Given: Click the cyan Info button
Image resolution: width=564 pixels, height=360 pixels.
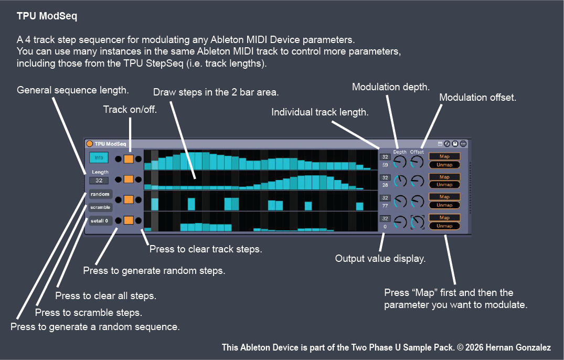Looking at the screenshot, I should pos(99,157).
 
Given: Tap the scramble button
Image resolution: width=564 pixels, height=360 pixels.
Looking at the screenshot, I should pos(100,207).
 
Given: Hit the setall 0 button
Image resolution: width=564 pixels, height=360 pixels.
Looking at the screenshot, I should pos(100,220).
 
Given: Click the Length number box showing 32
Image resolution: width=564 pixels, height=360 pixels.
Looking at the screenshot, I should pos(99,181).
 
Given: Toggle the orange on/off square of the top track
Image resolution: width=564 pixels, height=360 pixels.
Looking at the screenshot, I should pos(129,158).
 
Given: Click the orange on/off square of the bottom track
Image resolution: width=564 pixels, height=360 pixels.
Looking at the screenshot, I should pos(129,220).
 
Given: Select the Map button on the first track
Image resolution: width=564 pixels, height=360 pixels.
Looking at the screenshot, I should pos(444,156).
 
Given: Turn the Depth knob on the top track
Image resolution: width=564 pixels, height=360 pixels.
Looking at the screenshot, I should pos(400,162).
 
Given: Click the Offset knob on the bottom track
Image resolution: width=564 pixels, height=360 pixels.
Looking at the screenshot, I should pos(418,223).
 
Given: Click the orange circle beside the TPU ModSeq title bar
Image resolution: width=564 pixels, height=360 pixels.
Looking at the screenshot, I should pos(90,144).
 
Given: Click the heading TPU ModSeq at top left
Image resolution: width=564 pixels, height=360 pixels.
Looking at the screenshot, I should pos(47,16).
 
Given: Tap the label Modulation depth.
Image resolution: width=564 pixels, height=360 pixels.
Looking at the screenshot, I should pos(391,87).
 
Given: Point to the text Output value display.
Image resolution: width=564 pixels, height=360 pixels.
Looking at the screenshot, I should pos(380,258).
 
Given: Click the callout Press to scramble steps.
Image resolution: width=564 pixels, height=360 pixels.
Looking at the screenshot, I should pos(88,313).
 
